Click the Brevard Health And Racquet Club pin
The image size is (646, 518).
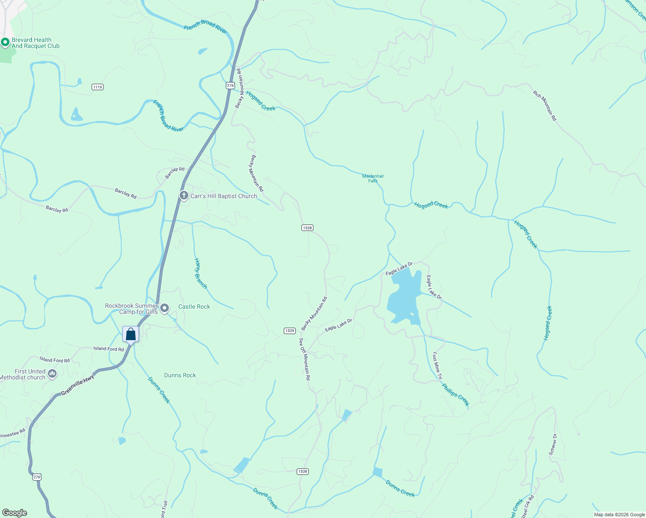click(5, 42)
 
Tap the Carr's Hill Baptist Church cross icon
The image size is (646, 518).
click(184, 196)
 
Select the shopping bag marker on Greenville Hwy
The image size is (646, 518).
click(131, 334)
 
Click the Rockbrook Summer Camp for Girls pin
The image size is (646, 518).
click(165, 308)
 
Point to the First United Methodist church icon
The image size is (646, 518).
click(52, 374)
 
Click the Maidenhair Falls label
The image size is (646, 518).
click(373, 178)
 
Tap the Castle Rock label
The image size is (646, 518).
click(194, 306)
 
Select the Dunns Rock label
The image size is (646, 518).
click(180, 375)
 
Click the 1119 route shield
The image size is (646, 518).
click(98, 87)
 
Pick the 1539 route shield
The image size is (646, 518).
click(289, 331)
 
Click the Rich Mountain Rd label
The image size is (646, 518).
click(545, 106)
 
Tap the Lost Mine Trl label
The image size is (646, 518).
click(437, 366)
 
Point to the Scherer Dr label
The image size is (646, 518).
click(553, 444)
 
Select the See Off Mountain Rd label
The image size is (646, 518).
click(305, 359)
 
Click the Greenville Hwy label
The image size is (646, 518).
click(78, 385)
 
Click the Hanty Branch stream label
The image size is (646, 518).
click(201, 274)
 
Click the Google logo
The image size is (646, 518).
click(15, 513)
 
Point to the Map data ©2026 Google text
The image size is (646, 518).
click(619, 515)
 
